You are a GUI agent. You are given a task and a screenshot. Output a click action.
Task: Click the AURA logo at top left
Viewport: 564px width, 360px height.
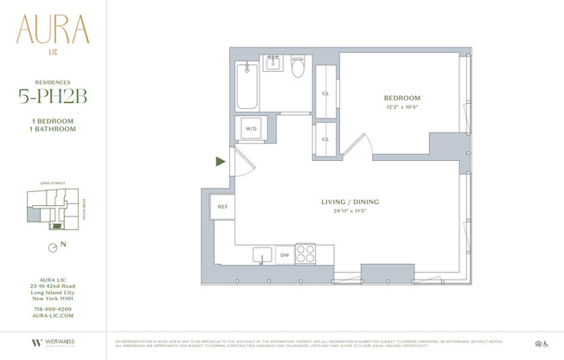[53, 32]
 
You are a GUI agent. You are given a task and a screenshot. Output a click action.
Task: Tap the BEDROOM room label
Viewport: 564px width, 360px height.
[402, 98]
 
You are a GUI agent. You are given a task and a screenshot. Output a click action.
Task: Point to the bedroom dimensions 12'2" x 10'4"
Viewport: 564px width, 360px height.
[402, 107]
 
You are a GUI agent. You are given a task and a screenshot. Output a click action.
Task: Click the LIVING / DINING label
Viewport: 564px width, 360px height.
[350, 202]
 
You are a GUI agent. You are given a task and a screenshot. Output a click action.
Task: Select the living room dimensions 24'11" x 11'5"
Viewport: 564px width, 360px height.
[350, 211]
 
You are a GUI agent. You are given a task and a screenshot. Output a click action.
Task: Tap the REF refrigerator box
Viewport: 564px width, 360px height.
[222, 207]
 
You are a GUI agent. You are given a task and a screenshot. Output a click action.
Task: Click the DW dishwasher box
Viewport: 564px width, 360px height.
[284, 255]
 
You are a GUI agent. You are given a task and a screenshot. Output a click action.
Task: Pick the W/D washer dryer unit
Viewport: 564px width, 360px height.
[252, 128]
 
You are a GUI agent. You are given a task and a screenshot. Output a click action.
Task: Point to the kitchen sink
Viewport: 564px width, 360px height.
[261, 254]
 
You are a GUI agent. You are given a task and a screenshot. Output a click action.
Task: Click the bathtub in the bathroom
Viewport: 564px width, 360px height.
[247, 84]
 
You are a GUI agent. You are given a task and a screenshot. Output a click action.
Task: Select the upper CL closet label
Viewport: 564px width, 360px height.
[325, 93]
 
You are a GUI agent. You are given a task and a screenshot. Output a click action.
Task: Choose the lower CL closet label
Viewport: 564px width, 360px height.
[325, 138]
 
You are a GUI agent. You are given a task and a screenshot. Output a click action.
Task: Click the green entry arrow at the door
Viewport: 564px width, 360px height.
[221, 161]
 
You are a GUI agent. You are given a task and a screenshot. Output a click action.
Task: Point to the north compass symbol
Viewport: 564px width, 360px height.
[54, 246]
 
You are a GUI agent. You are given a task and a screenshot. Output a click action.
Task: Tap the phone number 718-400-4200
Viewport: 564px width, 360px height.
[53, 309]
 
